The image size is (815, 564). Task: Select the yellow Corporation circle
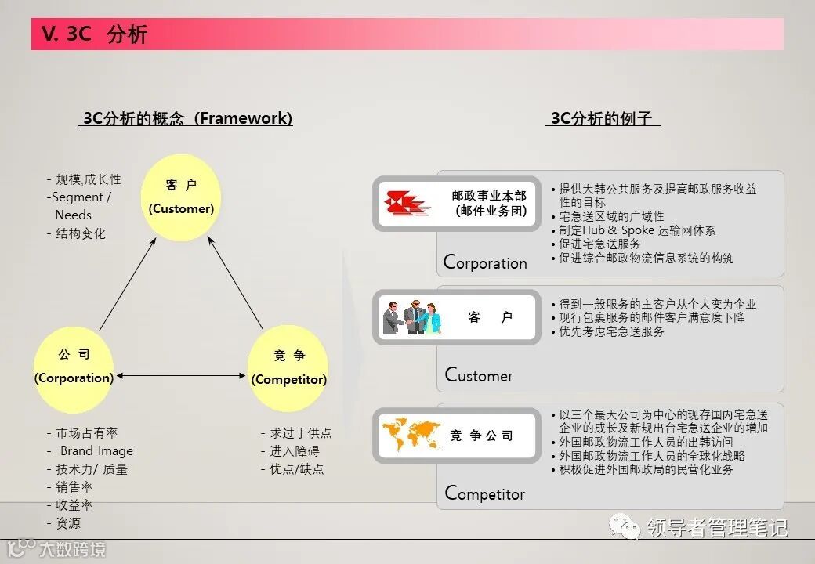74,367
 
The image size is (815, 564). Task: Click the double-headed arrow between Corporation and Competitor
181,377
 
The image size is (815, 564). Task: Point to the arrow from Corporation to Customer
127,286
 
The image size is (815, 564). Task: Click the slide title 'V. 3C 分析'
96,34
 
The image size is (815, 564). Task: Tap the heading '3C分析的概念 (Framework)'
187,118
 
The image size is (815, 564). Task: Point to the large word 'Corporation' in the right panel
485,262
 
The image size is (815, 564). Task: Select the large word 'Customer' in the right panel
479,375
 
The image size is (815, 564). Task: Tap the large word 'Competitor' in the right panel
484,493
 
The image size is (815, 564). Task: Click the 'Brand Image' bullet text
96,451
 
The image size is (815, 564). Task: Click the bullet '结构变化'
80,233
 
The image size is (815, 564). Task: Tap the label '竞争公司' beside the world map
481,436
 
